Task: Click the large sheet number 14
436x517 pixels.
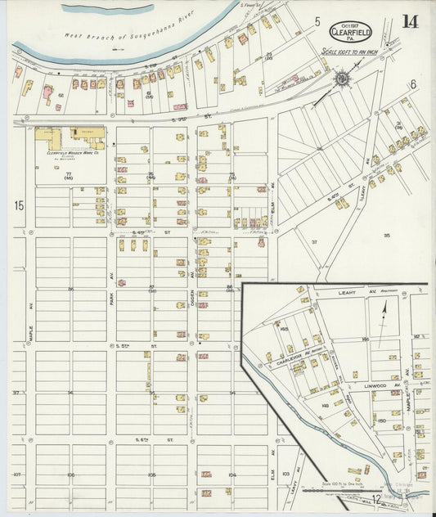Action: click(410, 21)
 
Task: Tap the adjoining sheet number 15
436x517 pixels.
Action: click(18, 206)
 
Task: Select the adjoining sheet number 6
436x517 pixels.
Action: click(413, 84)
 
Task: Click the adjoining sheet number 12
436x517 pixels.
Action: click(375, 499)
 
